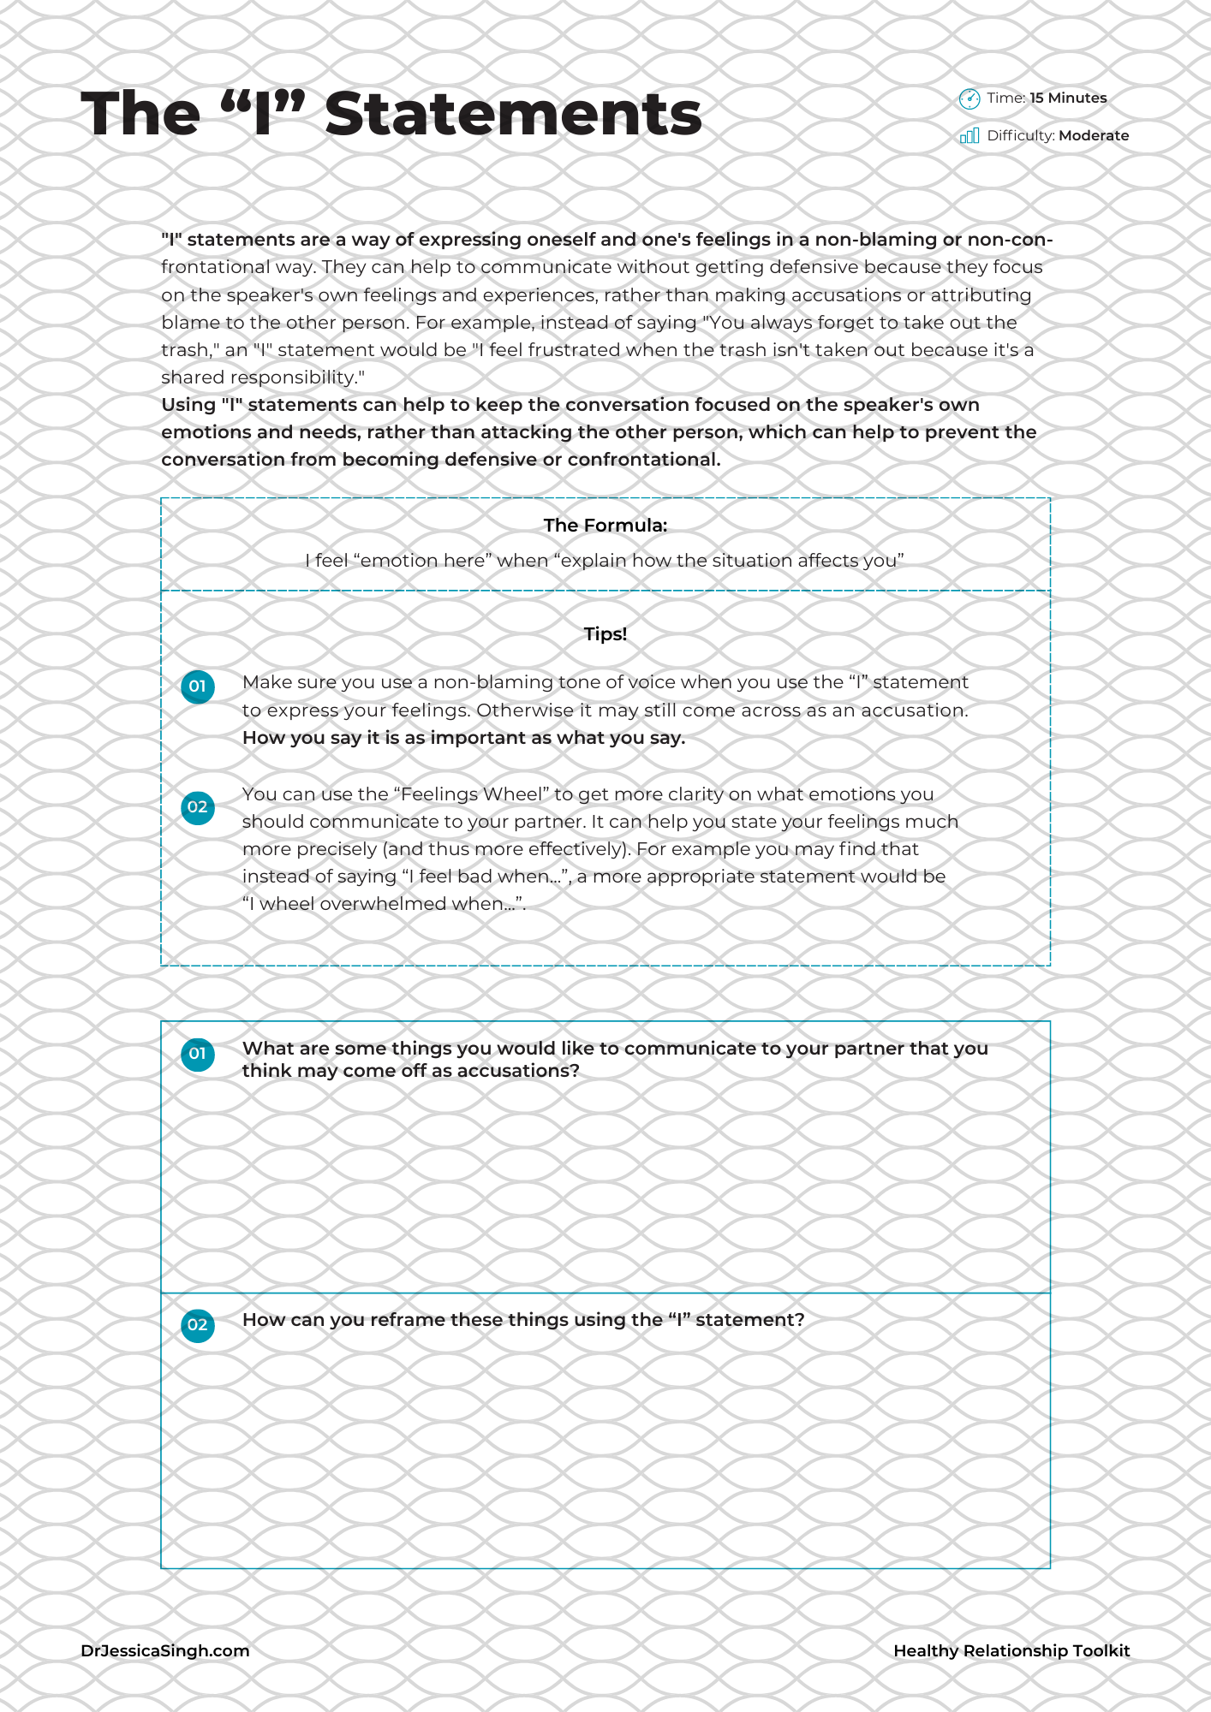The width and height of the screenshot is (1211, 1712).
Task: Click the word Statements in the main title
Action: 513,114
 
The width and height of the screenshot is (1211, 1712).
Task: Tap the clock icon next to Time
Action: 969,99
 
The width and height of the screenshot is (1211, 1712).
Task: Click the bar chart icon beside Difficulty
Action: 969,136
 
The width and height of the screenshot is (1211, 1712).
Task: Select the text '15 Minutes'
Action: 1068,98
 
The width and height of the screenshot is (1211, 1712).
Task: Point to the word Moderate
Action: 1094,136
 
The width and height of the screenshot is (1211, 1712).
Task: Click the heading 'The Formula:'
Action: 605,526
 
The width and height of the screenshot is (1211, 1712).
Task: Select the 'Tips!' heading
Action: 605,634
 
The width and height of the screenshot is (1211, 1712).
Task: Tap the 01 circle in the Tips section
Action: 198,687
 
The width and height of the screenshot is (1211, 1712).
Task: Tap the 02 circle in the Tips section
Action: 198,807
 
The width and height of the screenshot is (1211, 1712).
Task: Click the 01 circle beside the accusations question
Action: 198,1054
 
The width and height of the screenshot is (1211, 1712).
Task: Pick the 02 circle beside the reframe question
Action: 198,1325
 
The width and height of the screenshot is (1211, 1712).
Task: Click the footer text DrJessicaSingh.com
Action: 165,1651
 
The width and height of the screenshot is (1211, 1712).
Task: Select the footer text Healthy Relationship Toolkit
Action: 1011,1651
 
